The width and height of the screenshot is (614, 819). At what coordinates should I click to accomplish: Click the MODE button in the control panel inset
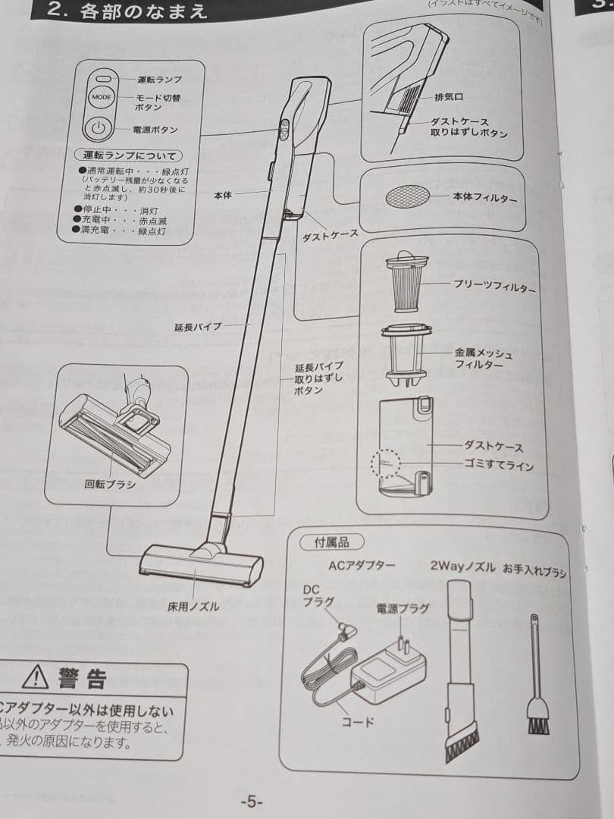tap(101, 97)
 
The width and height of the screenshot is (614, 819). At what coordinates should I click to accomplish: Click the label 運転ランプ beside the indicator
tap(159, 80)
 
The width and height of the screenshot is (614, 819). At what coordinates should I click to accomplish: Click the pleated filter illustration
tap(407, 281)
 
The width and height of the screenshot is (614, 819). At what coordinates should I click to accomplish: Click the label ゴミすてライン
tap(498, 465)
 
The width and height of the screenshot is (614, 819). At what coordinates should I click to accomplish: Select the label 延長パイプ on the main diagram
tap(198, 327)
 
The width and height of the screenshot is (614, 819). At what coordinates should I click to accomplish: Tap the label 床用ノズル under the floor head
tap(193, 607)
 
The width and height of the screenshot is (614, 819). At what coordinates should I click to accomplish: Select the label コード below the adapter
tap(359, 722)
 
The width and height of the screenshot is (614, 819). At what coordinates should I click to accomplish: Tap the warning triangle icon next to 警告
tap(35, 676)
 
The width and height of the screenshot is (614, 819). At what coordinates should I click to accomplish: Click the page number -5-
tap(251, 802)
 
